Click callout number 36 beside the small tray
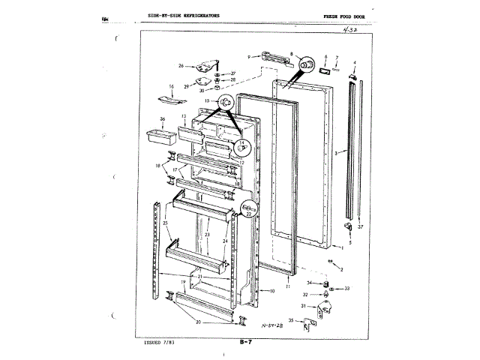tap(161, 118)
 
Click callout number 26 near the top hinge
tap(180, 65)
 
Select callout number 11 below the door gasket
tap(289, 286)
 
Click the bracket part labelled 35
tap(307, 324)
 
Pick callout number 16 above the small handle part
tap(171, 87)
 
